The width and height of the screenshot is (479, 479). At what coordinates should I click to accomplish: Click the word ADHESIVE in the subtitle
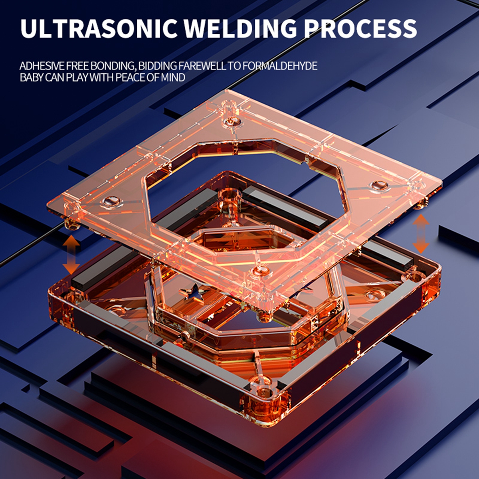coord(42,66)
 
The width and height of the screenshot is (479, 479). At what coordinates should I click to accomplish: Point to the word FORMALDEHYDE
coord(280,66)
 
